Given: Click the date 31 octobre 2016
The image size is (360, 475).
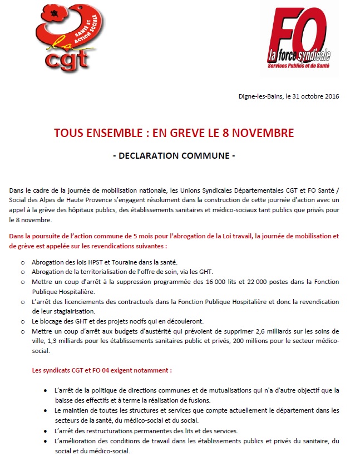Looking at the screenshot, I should coord(313,96).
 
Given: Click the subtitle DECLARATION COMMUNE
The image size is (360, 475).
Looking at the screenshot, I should coord(174,155).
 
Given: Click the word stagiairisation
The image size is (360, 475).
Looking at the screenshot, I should coord(68,312).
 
